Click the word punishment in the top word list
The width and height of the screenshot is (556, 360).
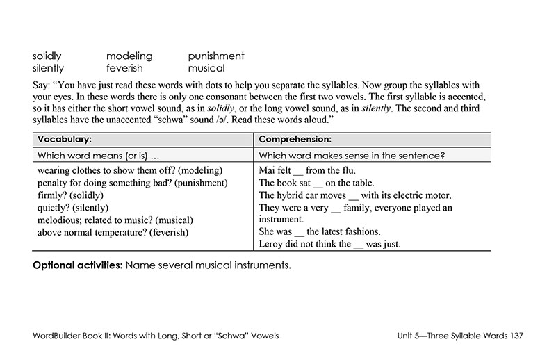(x=215, y=56)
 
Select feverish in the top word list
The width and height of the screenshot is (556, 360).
(x=124, y=68)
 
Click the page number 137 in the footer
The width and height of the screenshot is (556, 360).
(x=516, y=336)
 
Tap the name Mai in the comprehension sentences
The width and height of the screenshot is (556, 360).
(x=267, y=170)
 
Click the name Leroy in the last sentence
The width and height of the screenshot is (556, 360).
(x=272, y=244)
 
